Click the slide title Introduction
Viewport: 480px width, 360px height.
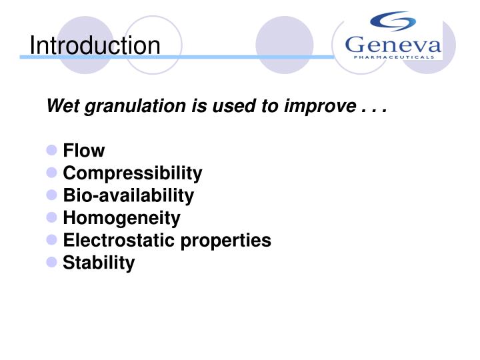[95, 45]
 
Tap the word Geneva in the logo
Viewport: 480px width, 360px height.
[393, 45]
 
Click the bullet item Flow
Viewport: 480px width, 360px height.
[83, 151]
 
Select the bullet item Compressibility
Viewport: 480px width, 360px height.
[132, 174]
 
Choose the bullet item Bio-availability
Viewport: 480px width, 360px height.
[128, 196]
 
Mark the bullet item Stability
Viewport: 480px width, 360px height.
[98, 263]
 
